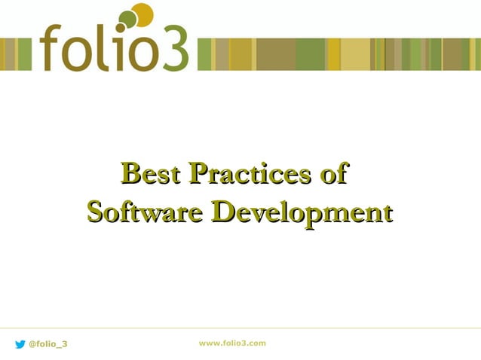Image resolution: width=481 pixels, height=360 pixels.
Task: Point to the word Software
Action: tap(144, 212)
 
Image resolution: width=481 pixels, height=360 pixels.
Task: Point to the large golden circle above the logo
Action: tap(142, 14)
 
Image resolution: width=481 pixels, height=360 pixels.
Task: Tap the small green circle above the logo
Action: tap(127, 19)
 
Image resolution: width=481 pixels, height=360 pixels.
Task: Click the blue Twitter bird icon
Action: tap(20, 344)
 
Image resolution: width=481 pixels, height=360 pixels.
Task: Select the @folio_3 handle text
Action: tap(47, 344)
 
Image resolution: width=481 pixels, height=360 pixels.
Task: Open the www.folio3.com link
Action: tap(232, 343)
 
